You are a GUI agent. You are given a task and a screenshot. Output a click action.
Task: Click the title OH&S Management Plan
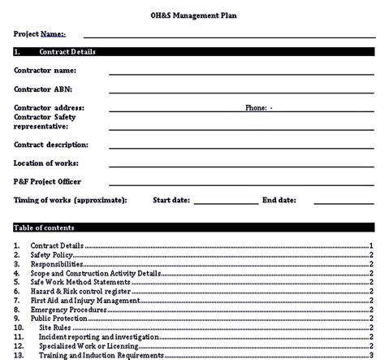pos(192,15)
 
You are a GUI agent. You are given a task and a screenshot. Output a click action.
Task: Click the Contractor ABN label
pos(45,89)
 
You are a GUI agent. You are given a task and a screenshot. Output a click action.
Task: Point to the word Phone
pos(257,107)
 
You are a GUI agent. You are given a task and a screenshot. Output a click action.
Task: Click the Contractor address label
pos(49,107)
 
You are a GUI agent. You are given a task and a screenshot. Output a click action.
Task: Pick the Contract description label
pos(51,145)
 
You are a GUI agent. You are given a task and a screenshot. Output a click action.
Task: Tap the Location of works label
pos(46,163)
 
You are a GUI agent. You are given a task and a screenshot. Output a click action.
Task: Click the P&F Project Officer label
pos(47,180)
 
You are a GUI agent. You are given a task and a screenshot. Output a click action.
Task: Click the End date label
pos(279,199)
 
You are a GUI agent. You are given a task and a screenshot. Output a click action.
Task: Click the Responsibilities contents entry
pos(57,264)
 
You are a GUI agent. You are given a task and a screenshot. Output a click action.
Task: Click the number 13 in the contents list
pos(19,355)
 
